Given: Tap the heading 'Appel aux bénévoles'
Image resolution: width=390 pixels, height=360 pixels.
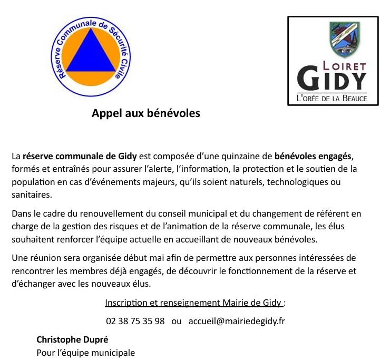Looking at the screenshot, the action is (146, 113).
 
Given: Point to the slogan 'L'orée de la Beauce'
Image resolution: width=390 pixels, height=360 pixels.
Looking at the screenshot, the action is (332, 99).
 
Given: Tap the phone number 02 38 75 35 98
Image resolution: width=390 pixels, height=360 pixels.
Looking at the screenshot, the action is (135, 321).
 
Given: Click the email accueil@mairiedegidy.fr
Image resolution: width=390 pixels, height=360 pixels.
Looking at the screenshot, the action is (237, 321).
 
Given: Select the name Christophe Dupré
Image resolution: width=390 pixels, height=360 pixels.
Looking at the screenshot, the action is (73, 339).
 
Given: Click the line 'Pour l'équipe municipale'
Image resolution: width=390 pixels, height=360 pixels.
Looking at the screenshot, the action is (85, 353).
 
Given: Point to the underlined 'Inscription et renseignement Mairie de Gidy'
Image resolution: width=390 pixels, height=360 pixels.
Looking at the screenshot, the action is (194, 303).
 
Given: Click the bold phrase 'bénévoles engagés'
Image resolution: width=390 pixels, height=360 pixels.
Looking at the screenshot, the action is (313, 157).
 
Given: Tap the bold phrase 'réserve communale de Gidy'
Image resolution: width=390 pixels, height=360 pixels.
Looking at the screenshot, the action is (80, 157).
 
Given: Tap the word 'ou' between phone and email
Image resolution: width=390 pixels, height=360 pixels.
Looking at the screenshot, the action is (177, 321).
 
